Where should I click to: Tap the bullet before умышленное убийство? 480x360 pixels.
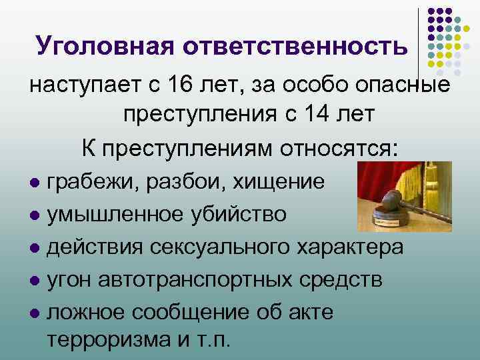[35, 215]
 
